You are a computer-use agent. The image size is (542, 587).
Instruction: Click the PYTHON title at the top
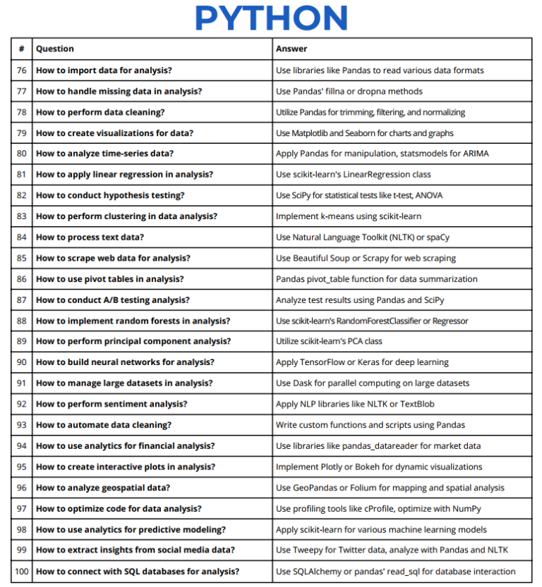click(271, 18)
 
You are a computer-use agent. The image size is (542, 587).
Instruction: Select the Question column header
click(55, 49)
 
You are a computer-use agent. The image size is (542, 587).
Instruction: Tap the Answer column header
click(291, 49)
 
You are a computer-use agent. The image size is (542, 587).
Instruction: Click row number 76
click(22, 70)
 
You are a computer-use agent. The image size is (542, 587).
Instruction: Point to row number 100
click(22, 571)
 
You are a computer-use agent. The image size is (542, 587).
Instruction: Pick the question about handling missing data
click(119, 91)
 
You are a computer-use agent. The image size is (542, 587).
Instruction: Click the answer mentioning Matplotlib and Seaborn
click(364, 132)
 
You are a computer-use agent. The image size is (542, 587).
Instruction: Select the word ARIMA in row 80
click(474, 154)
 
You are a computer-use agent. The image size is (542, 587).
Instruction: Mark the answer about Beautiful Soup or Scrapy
click(366, 258)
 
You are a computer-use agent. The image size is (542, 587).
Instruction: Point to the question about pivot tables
click(110, 279)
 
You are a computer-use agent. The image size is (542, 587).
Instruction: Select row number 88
click(22, 321)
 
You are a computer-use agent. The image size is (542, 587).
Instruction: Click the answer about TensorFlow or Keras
click(362, 362)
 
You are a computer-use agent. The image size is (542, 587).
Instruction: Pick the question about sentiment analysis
click(112, 404)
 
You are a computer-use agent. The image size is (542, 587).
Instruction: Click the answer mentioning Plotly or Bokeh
click(379, 466)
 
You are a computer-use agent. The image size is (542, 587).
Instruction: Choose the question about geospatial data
click(103, 488)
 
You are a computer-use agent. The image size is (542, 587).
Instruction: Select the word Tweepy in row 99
click(306, 550)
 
